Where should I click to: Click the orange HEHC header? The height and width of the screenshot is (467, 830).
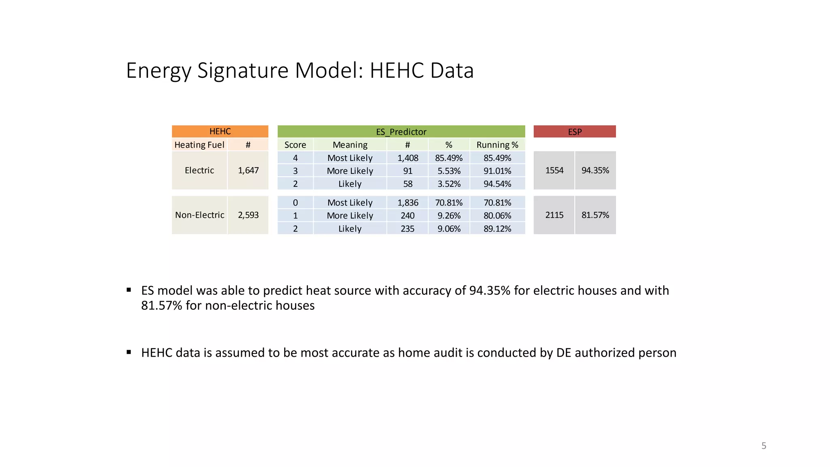point(220,131)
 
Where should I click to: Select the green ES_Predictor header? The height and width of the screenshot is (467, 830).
point(401,132)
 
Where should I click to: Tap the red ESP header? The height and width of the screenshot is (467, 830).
point(574,132)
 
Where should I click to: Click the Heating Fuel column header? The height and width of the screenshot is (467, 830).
point(199,145)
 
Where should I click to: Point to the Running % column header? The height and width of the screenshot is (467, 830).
point(497,145)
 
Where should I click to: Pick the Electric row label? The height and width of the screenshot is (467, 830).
point(199,170)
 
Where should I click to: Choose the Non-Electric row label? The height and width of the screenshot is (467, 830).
point(199,215)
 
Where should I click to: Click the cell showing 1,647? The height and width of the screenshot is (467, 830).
point(248,170)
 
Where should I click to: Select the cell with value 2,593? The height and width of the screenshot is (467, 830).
point(248,215)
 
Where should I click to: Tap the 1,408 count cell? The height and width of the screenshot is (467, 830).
point(407,158)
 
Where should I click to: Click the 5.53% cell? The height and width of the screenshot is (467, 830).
point(449,171)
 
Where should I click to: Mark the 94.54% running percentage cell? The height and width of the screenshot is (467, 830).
point(497,184)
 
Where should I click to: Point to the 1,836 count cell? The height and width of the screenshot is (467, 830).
point(407,202)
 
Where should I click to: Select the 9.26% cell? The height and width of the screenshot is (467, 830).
point(449,215)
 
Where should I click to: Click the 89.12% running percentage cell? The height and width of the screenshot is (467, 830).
point(497,229)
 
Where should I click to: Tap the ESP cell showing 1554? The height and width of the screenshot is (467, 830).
point(554,170)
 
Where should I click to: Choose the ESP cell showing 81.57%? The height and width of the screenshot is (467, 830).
point(595,215)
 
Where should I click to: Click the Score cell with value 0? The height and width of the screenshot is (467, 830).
point(295,202)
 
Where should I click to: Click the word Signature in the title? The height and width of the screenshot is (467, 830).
point(243,71)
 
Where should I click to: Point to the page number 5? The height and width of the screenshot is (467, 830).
point(764,446)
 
